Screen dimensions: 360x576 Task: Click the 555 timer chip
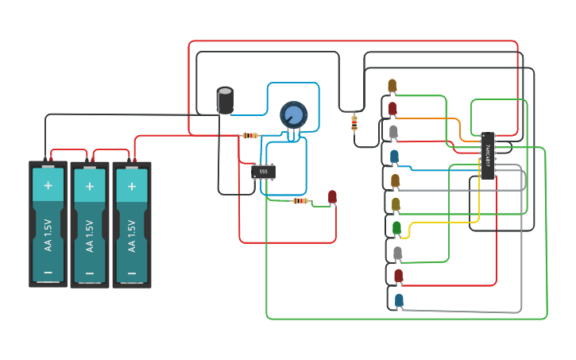(x=263, y=171)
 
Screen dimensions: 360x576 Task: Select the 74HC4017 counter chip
(x=488, y=155)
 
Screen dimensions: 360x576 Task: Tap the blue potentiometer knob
(x=293, y=115)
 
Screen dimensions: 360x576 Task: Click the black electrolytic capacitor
(x=226, y=100)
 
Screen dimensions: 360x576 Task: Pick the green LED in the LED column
(x=396, y=228)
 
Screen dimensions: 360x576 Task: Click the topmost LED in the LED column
(x=392, y=85)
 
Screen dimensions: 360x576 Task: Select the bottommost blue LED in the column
(x=398, y=300)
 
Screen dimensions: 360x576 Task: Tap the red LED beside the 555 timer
(x=332, y=197)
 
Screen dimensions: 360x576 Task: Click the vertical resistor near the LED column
(x=354, y=122)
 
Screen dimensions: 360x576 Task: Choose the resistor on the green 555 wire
(x=300, y=201)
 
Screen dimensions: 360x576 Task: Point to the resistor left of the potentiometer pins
(x=249, y=135)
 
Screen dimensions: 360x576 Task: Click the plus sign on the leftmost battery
(x=48, y=186)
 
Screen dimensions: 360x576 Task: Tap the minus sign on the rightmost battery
(x=132, y=273)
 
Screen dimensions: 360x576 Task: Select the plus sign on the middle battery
(x=90, y=186)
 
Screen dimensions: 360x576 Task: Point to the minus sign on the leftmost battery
(x=48, y=273)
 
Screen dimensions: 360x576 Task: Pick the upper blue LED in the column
(x=395, y=156)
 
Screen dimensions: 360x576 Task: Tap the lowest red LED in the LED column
(x=398, y=276)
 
